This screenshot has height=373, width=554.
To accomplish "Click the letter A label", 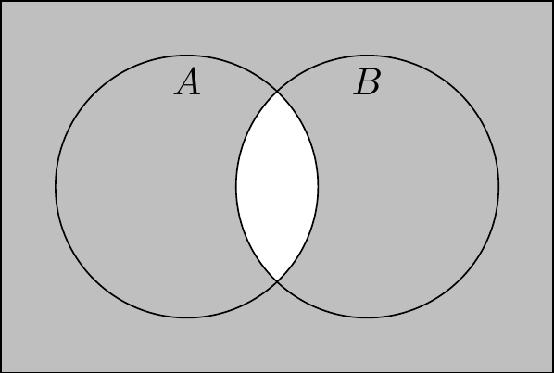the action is (187, 81).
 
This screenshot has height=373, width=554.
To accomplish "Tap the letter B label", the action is (367, 81).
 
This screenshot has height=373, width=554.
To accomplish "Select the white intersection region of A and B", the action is (277, 186).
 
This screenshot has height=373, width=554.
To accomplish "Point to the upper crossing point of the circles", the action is (277, 92).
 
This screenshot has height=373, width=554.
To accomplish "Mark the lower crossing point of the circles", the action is (277, 280).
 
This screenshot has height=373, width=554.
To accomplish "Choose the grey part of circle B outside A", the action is (409, 186).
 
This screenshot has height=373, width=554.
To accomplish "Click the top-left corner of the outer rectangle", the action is (2, 2).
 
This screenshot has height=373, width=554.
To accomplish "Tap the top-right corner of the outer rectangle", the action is (552, 2).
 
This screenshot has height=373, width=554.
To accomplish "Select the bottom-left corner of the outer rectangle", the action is (2, 371).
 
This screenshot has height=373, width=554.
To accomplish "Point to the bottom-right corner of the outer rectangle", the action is (552, 371).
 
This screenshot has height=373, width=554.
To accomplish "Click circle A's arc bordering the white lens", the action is (318, 186).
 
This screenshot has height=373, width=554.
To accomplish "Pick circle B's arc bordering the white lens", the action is (236, 186).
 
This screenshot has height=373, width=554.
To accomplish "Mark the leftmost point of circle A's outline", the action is (56, 186).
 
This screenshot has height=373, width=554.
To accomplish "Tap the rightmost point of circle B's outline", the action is (498, 186).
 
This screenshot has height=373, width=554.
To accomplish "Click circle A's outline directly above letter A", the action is (187, 55).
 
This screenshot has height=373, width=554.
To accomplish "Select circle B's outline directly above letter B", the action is (368, 55).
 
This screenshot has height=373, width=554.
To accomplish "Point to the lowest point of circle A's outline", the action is (187, 317).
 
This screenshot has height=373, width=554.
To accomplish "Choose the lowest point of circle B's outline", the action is (368, 317).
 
